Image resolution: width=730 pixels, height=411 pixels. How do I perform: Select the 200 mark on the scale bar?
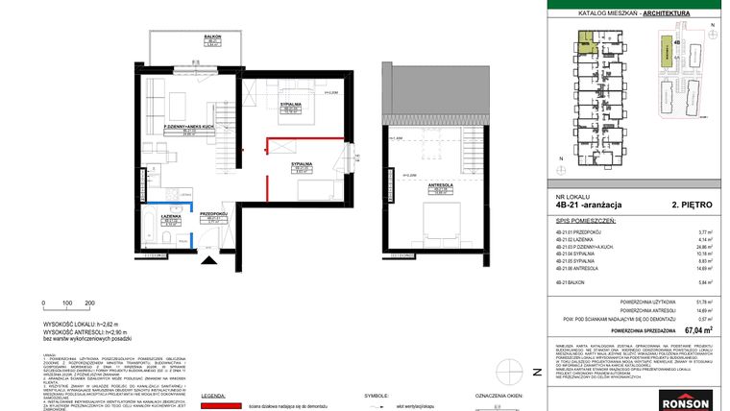89,302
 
